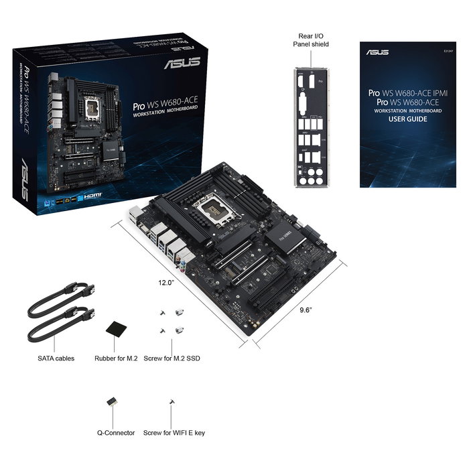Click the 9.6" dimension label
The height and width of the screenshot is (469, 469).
click(x=308, y=310)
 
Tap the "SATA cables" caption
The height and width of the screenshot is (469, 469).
click(x=56, y=358)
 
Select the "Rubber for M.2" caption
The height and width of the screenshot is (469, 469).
click(x=117, y=358)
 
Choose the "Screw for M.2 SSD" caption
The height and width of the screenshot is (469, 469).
click(x=172, y=358)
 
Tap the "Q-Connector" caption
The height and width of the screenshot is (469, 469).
click(x=116, y=433)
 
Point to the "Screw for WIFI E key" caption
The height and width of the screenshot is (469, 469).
click(x=174, y=433)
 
